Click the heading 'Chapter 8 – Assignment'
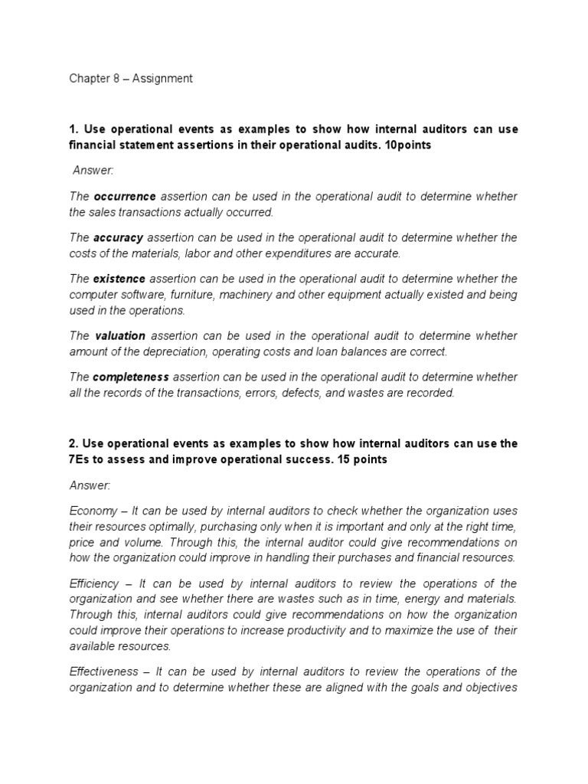[x=131, y=78]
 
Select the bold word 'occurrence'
[x=124, y=197]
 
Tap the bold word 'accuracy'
[x=119, y=237]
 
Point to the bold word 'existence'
[x=119, y=279]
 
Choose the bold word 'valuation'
[x=121, y=336]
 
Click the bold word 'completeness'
[x=132, y=377]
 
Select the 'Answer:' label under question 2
[x=90, y=485]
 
